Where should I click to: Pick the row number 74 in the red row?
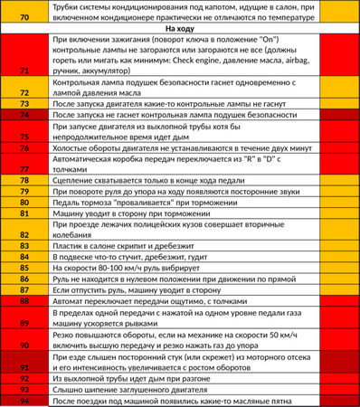(x=24, y=117)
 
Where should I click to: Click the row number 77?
(x=24, y=169)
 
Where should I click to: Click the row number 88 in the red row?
(x=24, y=301)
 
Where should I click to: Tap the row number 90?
(x=24, y=345)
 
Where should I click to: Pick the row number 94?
(x=24, y=400)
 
